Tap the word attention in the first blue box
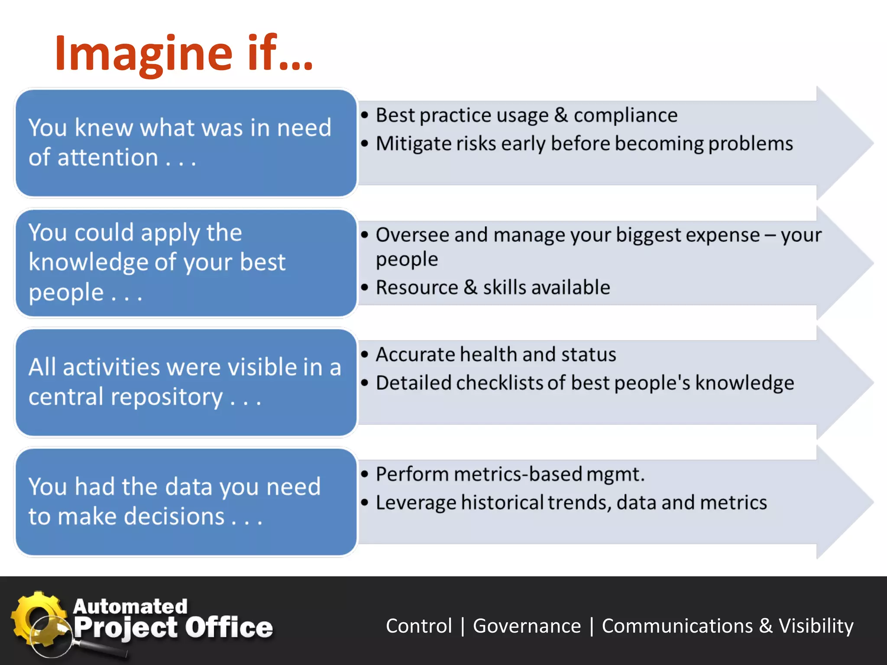point(108,158)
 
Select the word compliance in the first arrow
point(625,116)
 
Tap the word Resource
point(417,287)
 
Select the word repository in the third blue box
point(166,397)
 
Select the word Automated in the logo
point(130,606)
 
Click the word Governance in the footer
point(527,626)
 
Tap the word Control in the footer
point(419,626)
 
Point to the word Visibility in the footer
point(816,626)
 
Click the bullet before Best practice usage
point(365,115)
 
